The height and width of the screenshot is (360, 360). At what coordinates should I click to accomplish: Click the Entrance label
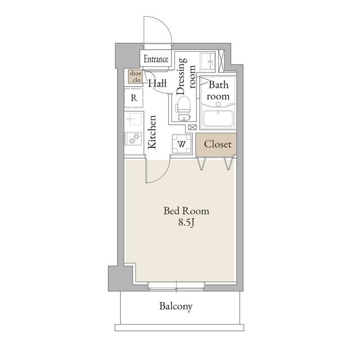(156, 59)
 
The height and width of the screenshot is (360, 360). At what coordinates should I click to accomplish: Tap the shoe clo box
(135, 77)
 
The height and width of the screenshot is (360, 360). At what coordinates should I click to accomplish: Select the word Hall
(158, 84)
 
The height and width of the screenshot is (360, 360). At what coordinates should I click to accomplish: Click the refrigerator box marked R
(134, 97)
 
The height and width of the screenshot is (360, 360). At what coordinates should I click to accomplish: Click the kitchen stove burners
(134, 138)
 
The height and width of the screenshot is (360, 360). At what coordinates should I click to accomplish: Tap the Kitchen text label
(152, 132)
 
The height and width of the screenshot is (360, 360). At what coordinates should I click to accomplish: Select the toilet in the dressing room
(183, 106)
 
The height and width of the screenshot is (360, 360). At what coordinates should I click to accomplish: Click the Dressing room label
(186, 75)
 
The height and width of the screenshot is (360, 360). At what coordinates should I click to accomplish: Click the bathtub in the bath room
(217, 119)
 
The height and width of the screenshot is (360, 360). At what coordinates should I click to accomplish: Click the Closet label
(217, 145)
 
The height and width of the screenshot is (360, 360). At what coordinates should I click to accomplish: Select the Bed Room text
(186, 211)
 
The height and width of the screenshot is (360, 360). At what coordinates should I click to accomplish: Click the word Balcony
(175, 307)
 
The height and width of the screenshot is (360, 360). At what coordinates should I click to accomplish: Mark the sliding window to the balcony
(176, 285)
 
